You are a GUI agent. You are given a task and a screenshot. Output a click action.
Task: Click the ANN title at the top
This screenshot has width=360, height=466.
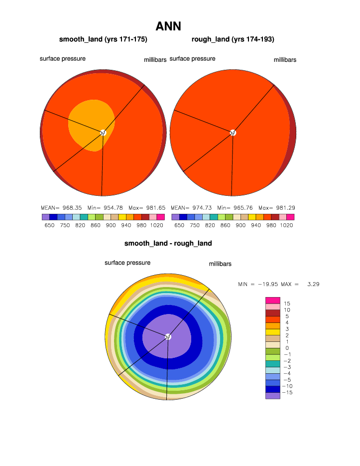(168, 26)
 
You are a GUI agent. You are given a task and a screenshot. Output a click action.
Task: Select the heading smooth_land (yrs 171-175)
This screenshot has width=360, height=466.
(103, 39)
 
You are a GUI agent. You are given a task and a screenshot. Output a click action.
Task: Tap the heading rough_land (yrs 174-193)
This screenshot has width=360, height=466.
(233, 39)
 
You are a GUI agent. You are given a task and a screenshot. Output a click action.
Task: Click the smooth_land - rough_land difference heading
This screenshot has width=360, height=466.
(168, 243)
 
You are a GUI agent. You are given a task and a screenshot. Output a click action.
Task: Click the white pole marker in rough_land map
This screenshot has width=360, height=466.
(233, 132)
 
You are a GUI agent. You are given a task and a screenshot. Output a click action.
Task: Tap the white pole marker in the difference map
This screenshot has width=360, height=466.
(168, 336)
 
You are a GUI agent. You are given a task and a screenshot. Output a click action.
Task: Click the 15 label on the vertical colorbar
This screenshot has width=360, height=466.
(287, 304)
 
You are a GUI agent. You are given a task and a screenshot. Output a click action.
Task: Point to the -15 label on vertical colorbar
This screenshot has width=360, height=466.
(288, 392)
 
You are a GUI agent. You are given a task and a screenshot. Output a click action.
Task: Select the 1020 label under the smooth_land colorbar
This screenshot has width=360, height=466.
(156, 225)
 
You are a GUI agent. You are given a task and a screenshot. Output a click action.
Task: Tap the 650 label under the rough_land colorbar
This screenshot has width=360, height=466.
(179, 225)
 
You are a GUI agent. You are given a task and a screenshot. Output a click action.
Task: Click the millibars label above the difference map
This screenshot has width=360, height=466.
(220, 264)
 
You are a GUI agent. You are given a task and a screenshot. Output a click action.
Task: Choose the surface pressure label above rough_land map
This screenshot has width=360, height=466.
(193, 59)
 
